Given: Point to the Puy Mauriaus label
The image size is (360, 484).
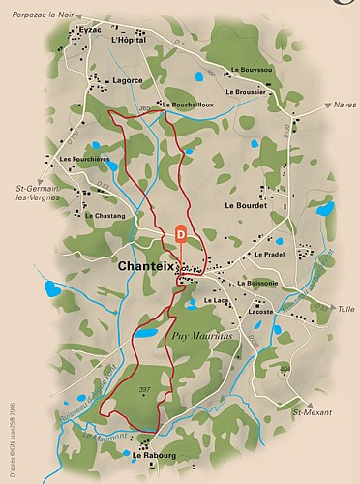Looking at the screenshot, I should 199,334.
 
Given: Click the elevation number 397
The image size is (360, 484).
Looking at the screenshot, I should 144,390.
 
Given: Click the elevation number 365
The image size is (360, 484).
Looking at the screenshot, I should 146,107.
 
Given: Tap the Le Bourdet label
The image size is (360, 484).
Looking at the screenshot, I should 245,205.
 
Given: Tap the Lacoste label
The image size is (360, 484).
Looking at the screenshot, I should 260,312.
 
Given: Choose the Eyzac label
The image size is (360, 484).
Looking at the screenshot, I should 89,30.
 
